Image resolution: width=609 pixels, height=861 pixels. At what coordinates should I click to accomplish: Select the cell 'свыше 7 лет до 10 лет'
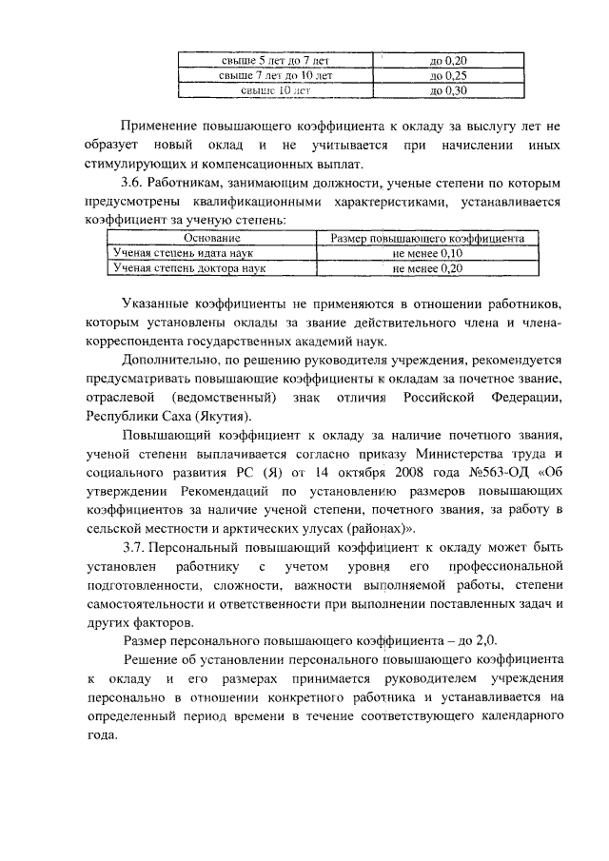[x=274, y=76]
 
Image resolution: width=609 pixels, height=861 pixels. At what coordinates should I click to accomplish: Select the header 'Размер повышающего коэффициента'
[x=426, y=238]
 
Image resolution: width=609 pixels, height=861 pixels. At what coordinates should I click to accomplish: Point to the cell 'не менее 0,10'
[x=426, y=253]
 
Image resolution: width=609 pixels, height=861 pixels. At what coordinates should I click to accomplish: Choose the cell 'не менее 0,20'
[x=426, y=269]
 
